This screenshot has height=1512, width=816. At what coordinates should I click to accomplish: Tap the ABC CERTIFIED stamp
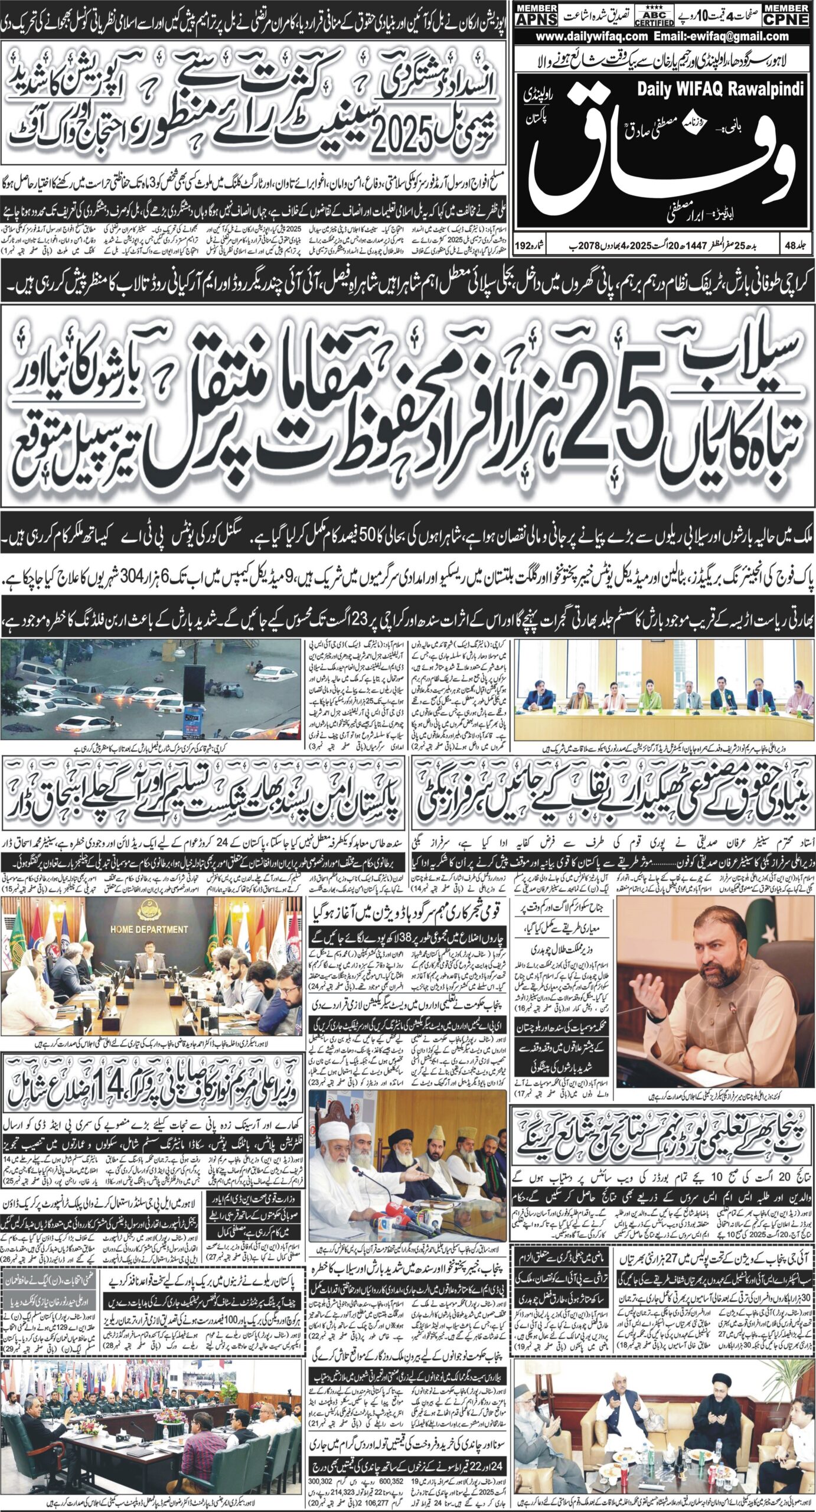[654, 15]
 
